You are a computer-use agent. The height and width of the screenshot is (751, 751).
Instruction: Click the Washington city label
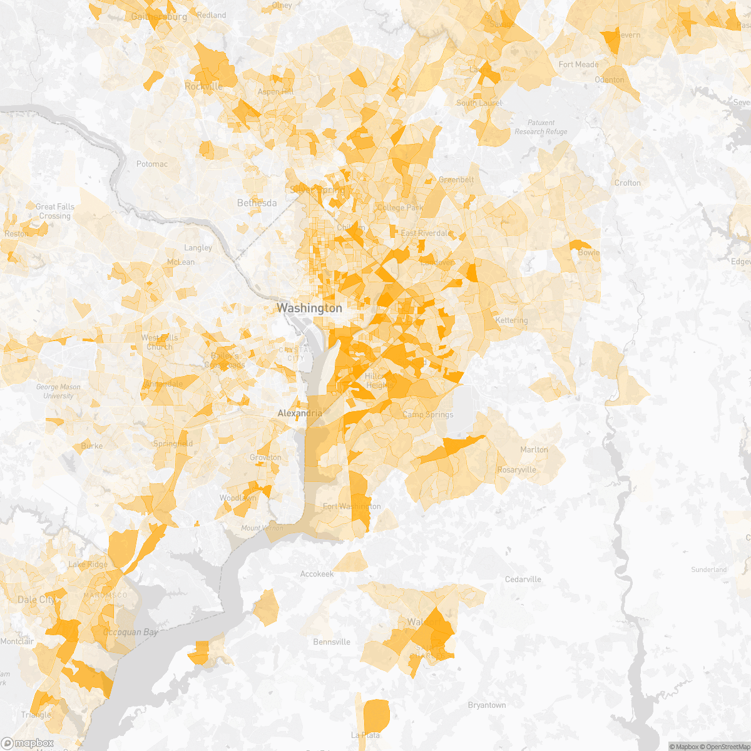click(x=309, y=308)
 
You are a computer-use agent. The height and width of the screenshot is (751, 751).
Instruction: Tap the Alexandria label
click(x=300, y=414)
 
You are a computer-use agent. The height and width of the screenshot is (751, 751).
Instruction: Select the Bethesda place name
click(x=257, y=203)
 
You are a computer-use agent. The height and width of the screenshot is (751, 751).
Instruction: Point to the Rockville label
click(x=203, y=86)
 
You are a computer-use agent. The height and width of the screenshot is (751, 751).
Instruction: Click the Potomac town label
click(x=152, y=164)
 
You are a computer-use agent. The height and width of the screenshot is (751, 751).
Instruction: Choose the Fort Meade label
click(x=578, y=64)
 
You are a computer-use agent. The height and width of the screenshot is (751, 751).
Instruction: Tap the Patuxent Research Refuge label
click(x=541, y=127)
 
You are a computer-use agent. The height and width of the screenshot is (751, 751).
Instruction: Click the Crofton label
click(x=627, y=183)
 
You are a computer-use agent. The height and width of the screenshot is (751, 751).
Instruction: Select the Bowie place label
click(x=589, y=253)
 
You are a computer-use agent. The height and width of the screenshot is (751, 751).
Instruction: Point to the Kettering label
click(x=511, y=320)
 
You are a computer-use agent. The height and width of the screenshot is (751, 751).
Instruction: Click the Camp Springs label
click(x=427, y=414)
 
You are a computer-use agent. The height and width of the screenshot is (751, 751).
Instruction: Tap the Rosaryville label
click(x=516, y=470)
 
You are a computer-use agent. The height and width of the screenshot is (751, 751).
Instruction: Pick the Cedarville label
click(x=523, y=580)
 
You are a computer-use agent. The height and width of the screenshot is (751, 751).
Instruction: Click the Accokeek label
click(x=317, y=574)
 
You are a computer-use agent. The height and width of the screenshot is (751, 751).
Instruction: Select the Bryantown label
click(x=487, y=705)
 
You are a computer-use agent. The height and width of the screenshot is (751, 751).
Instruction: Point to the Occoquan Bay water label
click(x=130, y=633)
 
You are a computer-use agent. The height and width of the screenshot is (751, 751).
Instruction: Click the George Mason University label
click(x=58, y=391)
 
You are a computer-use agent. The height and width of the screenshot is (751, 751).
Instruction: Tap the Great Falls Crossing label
click(x=55, y=212)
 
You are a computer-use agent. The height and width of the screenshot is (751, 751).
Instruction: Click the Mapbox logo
click(x=28, y=743)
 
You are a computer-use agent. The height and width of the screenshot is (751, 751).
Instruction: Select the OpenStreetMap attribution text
click(x=726, y=747)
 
